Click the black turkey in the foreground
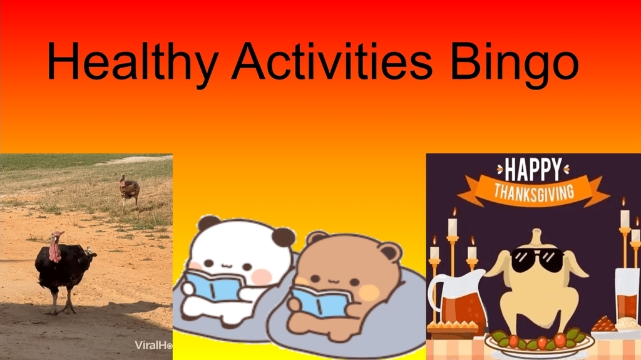(x=63, y=266)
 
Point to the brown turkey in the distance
(x=130, y=190)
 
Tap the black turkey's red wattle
(x=55, y=249)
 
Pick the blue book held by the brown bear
(x=320, y=301)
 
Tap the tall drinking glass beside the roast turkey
(x=627, y=294)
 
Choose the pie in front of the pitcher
(x=453, y=327)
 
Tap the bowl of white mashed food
(x=626, y=326)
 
